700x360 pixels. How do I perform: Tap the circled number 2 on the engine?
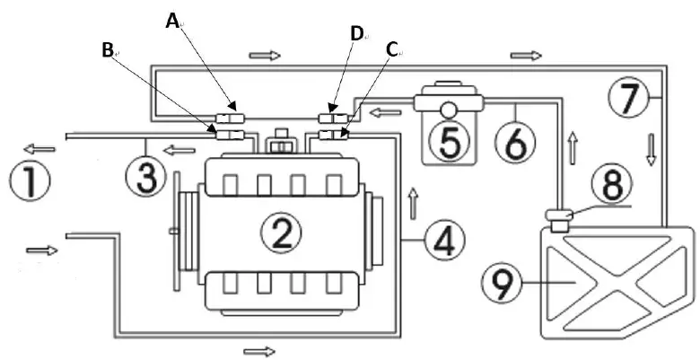[x=282, y=233]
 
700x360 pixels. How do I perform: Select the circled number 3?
[x=146, y=177]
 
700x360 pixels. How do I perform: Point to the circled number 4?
[x=444, y=241]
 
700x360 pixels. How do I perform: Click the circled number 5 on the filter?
[x=449, y=141]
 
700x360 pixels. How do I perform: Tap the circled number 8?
[x=612, y=183]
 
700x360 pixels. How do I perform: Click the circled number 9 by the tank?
[x=503, y=282]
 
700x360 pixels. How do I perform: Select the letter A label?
[x=172, y=21]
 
